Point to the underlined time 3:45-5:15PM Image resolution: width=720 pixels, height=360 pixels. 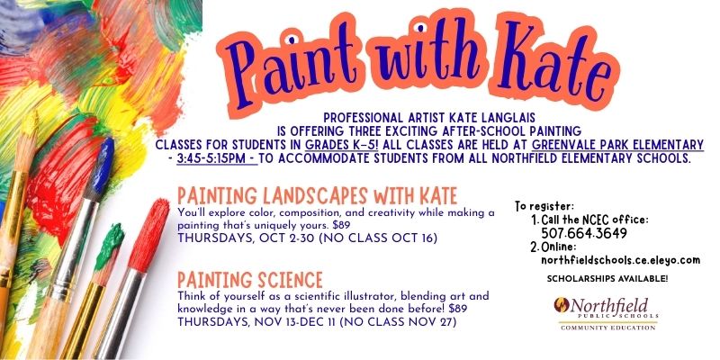217,159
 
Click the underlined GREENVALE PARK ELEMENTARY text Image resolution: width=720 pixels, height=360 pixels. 617,145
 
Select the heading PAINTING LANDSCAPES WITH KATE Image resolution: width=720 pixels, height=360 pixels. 318,196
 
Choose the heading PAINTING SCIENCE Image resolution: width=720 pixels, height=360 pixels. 250,279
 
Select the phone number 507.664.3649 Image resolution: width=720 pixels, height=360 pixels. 583,234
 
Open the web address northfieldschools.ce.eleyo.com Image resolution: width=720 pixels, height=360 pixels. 620,260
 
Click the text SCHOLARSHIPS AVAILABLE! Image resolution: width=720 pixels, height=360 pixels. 607,278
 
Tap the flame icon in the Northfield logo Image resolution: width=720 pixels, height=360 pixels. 562,305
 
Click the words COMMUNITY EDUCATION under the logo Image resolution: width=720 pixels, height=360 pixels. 608,328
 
